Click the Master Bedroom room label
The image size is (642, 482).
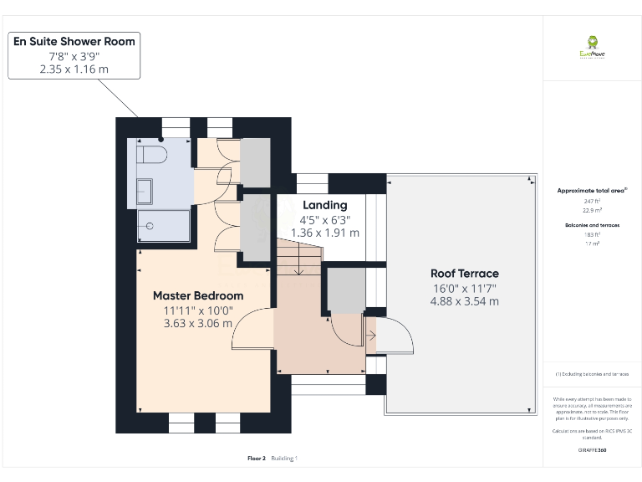[198, 295]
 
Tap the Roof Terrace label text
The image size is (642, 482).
[464, 274]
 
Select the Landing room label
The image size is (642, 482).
[324, 205]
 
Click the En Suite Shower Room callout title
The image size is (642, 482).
[74, 41]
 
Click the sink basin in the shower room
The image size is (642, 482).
[145, 191]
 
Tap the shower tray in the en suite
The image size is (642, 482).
[162, 225]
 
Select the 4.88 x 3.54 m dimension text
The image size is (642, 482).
[464, 301]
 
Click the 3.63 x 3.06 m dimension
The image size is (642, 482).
[198, 323]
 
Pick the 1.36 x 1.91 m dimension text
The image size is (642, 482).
[324, 233]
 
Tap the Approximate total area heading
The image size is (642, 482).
[592, 191]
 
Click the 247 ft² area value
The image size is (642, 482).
[592, 202]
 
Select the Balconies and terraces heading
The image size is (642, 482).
[592, 226]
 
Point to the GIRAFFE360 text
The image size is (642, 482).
[592, 450]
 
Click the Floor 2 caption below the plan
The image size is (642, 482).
[257, 458]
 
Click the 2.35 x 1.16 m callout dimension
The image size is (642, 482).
[74, 69]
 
